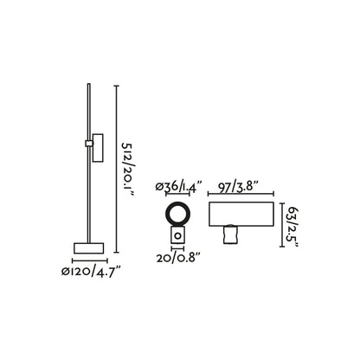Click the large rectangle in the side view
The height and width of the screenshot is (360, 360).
pyautogui.click(x=241, y=214)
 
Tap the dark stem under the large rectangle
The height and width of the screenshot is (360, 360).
pyautogui.click(x=231, y=234)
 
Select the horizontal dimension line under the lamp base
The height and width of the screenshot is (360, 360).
pyautogui.click(x=89, y=260)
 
